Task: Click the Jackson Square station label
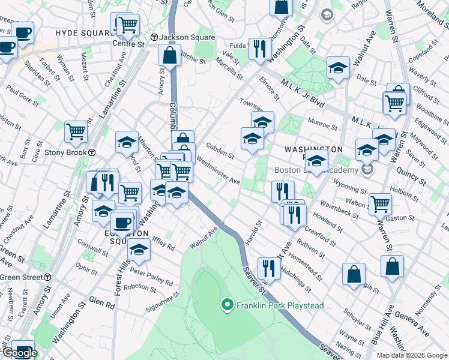[x=187, y=37]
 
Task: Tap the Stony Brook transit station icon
[x=92, y=152]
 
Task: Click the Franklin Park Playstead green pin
[x=227, y=305]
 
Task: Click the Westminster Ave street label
[x=218, y=171]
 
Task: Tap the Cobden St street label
[x=220, y=150]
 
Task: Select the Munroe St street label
[x=322, y=125]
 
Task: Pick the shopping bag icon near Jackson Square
[x=170, y=55]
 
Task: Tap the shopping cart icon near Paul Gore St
[x=76, y=131]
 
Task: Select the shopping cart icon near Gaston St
[x=380, y=203]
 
